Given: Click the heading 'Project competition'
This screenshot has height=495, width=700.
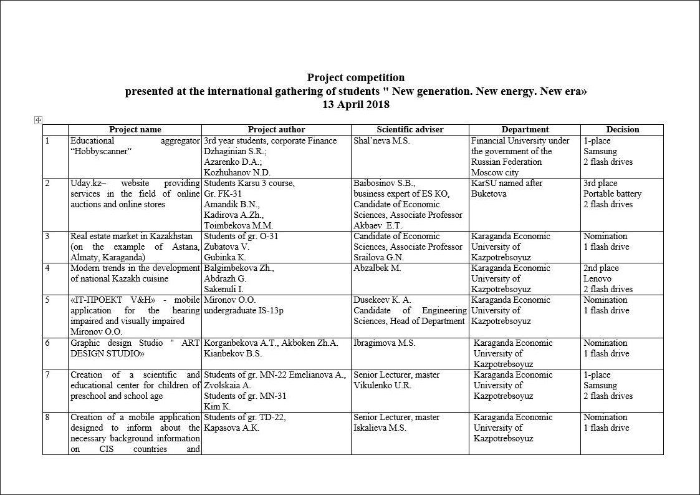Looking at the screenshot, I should point(355,77).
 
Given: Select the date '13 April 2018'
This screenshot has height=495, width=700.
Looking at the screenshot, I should point(355,105).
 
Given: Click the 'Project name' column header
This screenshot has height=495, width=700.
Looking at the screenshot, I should point(135,130).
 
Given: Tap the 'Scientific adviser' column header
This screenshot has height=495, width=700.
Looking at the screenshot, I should point(410,130).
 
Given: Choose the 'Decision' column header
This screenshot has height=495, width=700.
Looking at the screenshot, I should point(622,130).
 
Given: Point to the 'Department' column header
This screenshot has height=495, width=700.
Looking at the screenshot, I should point(525,130).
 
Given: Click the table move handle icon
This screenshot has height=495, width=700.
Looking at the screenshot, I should point(38,120).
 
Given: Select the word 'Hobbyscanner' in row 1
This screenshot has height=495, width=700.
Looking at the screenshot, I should point(102,152).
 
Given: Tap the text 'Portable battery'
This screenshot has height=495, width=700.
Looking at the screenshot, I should point(612,194).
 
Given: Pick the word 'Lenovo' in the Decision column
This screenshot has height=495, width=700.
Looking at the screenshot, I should point(597,279).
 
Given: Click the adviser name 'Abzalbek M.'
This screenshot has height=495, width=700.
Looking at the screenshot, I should point(377,268).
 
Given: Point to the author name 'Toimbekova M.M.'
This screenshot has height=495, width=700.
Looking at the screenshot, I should point(238,226).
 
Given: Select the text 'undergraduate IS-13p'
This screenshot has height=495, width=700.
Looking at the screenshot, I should point(243,311).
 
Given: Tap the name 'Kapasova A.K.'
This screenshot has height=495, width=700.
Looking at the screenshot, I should point(231,428).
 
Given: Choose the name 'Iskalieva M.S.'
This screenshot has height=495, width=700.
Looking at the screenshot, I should point(380,428).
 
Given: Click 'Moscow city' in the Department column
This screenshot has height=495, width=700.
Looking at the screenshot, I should point(495,173).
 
